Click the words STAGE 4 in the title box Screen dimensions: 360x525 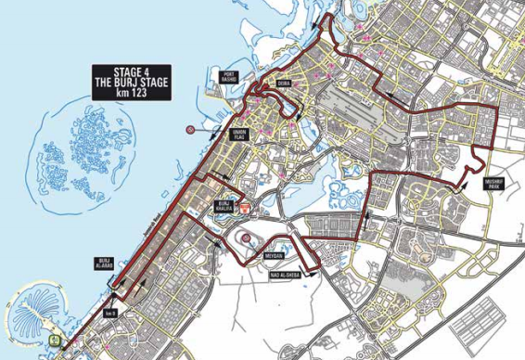click(x=130, y=71)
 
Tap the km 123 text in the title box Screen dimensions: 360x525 click(x=130, y=91)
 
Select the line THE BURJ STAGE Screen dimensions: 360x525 click(x=130, y=81)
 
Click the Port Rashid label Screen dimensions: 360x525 click(x=228, y=77)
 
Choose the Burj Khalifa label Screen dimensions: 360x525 click(x=224, y=206)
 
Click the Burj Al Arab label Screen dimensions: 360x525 click(x=103, y=264)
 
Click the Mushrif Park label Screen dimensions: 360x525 click(x=492, y=185)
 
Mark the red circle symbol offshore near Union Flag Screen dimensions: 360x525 click(x=189, y=130)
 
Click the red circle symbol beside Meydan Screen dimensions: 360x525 click(x=247, y=238)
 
